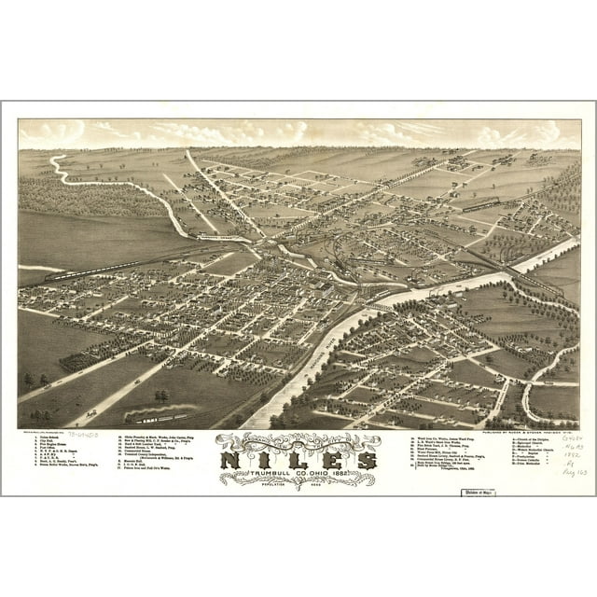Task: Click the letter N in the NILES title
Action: coord(233,461)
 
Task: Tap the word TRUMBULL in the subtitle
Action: coord(255,477)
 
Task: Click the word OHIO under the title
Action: coord(322,477)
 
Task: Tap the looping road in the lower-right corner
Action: coord(546,382)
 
